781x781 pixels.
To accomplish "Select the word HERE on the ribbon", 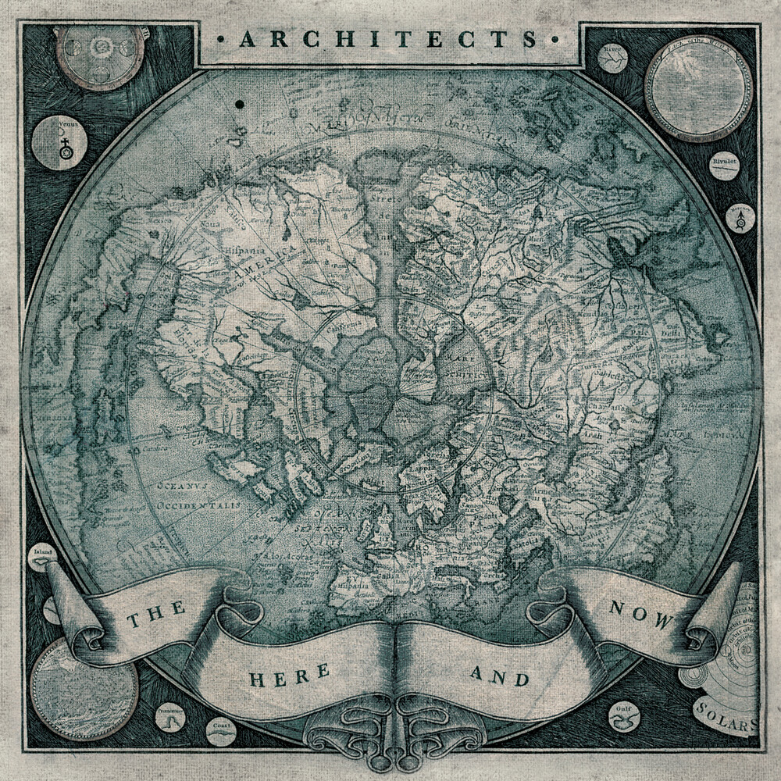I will pos(279,675).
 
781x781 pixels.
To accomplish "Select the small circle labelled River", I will pos(612,57).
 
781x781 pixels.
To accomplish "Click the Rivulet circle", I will pos(724,166).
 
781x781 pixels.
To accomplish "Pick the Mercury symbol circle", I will pos(739,219).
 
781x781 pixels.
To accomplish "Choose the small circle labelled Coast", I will pos(222,732).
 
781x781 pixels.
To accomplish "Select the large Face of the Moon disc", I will pos(698,87).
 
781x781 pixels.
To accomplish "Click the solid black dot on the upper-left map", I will pos(238,103).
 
